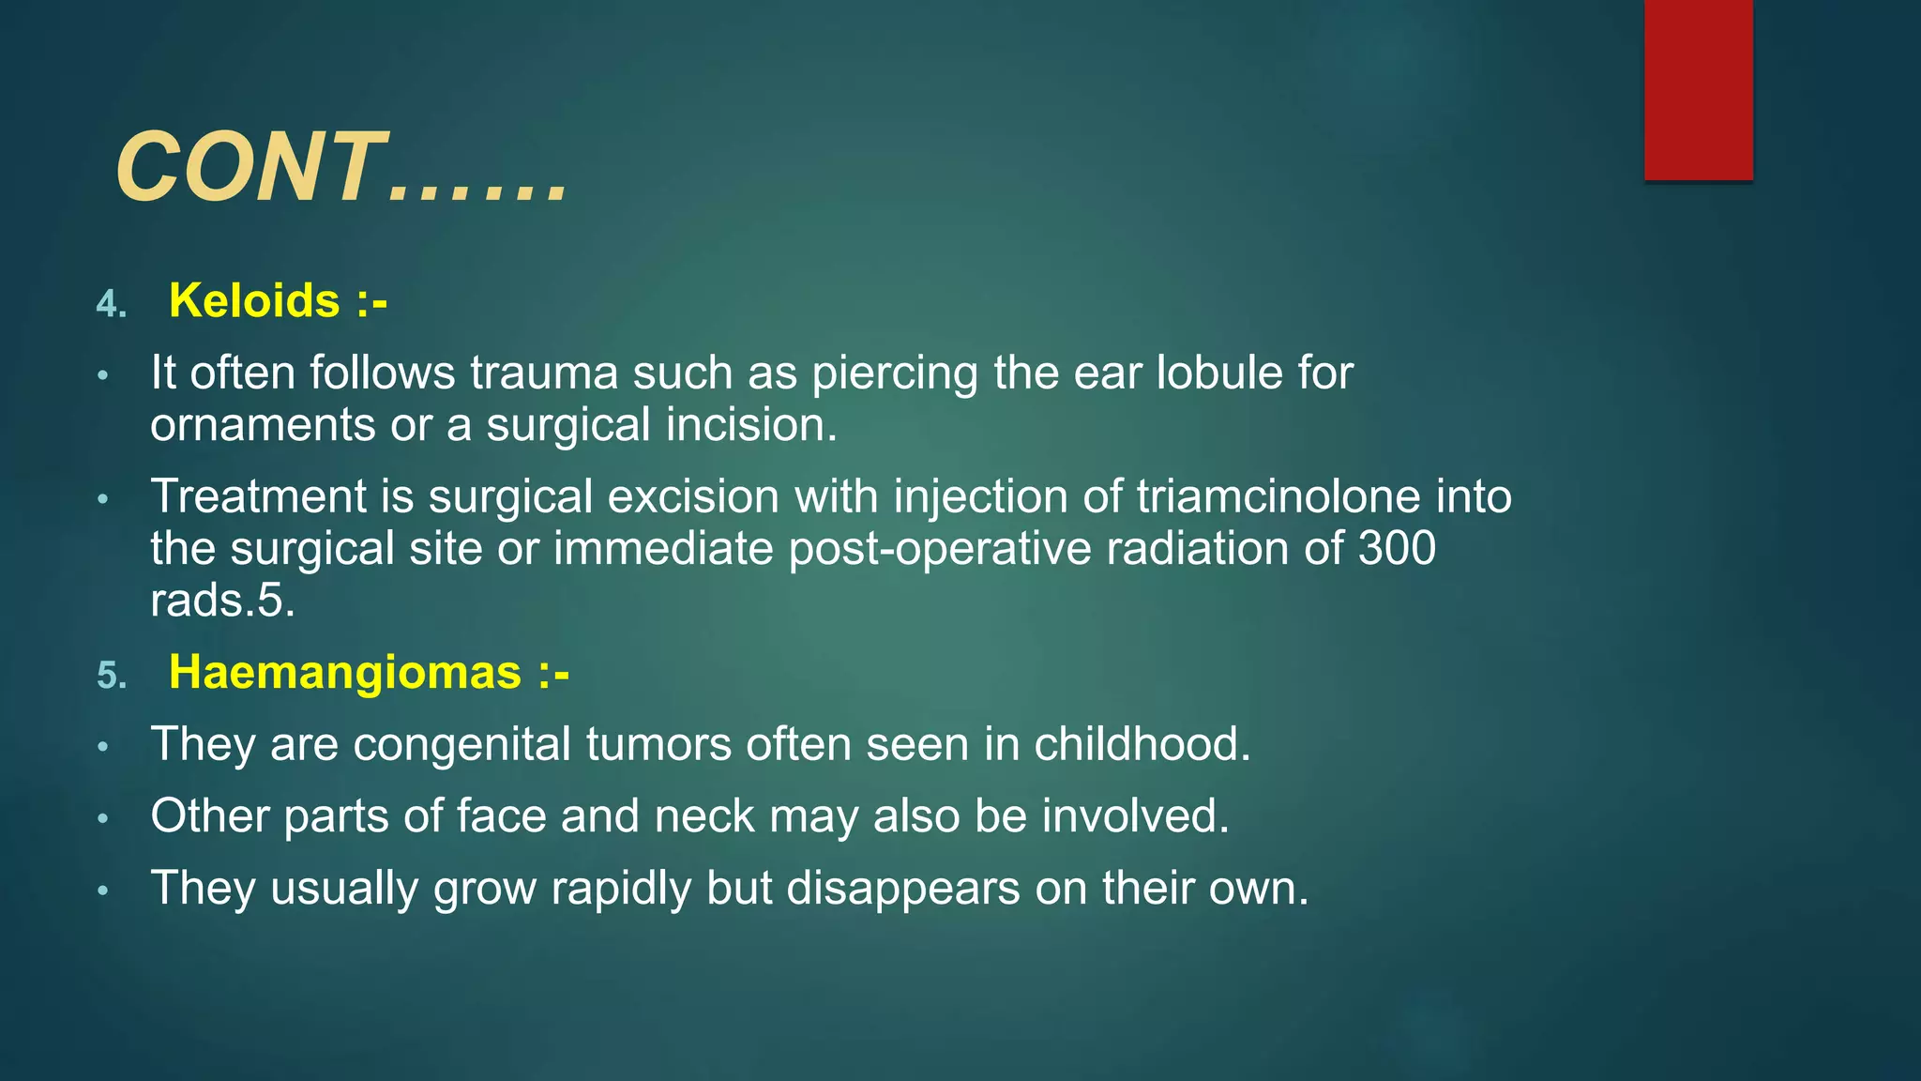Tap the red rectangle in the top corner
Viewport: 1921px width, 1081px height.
(x=1698, y=89)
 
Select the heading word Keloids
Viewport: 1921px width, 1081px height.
(x=254, y=301)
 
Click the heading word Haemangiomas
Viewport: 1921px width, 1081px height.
(x=344, y=673)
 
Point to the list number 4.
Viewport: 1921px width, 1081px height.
(x=112, y=305)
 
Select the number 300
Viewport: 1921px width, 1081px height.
(x=1397, y=548)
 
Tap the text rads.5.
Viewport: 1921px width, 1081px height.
(x=222, y=601)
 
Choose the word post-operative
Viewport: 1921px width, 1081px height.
(x=940, y=548)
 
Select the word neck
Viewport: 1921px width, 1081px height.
(x=703, y=816)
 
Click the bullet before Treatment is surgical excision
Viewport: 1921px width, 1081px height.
(x=103, y=499)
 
